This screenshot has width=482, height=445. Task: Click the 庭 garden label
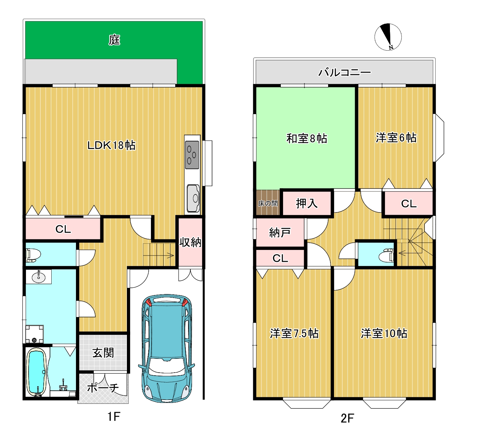114,40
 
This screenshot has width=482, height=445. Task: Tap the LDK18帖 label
111,145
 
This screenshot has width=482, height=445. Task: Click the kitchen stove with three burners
192,155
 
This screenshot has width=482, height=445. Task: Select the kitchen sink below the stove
193,198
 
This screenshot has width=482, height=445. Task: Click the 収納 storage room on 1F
190,242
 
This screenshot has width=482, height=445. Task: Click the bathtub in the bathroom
36,372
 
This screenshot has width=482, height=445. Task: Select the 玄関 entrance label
103,353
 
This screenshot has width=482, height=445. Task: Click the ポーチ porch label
103,388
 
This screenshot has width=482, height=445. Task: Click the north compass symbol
388,37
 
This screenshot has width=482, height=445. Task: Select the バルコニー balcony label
345,72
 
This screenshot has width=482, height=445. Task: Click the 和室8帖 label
307,138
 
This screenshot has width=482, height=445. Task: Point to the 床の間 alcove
268,203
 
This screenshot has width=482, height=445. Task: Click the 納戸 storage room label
280,233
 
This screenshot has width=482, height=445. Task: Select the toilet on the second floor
386,255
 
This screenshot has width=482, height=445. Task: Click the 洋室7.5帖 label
294,334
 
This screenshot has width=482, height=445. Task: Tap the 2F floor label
347,418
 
